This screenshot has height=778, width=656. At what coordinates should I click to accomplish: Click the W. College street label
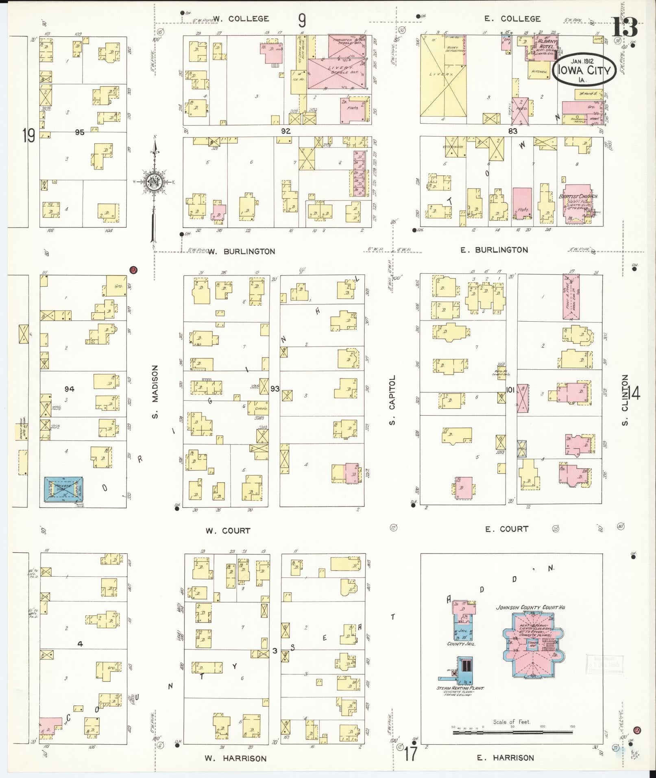pos(241,19)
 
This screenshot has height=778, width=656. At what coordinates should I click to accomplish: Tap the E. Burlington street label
pos(494,250)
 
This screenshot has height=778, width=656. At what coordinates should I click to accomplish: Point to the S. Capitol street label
pos(392,400)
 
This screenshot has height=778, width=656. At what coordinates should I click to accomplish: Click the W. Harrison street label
pos(236,758)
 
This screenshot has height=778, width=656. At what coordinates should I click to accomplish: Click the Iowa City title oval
pos(584,70)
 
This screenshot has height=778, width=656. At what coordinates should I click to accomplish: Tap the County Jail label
pos(461,644)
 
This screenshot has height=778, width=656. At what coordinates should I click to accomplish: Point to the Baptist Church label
pos(578,196)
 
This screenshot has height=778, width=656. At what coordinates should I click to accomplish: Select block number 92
pos(286,131)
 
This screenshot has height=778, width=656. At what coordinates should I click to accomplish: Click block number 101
pos(510,390)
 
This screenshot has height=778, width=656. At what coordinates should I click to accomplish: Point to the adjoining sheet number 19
pos(28,135)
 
